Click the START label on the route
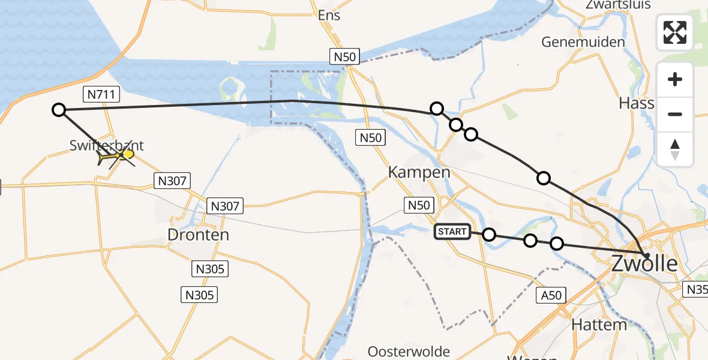tap(452, 232)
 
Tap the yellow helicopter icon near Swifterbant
tap(116, 156)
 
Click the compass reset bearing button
tap(675, 149)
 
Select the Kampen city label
tap(419, 173)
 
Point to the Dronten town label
tap(198, 235)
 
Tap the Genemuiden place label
tap(583, 42)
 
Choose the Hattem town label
tap(599, 325)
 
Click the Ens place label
tap(329, 16)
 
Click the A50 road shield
tap(550, 295)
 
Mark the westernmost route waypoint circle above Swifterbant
tap(59, 110)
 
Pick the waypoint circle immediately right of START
tap(489, 235)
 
